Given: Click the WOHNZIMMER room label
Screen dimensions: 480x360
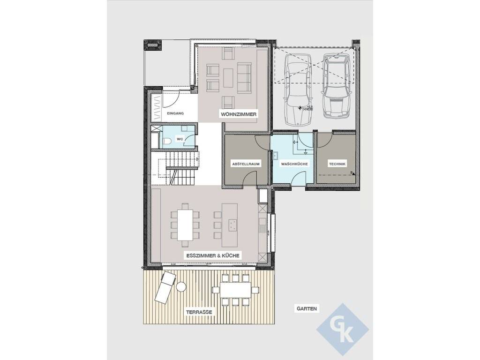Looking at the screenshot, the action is (x=239, y=114).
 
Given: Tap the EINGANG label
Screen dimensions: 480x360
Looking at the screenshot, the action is (x=175, y=113).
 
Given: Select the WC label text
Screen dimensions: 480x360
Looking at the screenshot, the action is (x=180, y=139).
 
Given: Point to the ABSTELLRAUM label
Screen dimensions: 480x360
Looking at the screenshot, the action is (x=246, y=164).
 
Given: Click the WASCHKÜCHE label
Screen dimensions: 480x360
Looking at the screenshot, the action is (x=294, y=164).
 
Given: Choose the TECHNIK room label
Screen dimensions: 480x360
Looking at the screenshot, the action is (x=337, y=164).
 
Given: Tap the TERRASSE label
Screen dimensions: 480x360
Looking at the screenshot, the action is (x=199, y=312).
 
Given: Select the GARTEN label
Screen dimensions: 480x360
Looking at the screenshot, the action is (x=307, y=308).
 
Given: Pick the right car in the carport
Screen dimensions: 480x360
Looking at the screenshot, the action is (x=336, y=85).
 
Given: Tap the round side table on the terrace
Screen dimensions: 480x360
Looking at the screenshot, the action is (x=181, y=286).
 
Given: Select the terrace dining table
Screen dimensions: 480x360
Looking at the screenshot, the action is (x=235, y=290).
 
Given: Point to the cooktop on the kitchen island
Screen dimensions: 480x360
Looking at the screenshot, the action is (x=232, y=225).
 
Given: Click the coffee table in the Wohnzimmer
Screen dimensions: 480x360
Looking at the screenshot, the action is (x=228, y=77).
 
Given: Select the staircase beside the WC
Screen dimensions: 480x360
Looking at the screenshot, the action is (x=176, y=168).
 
